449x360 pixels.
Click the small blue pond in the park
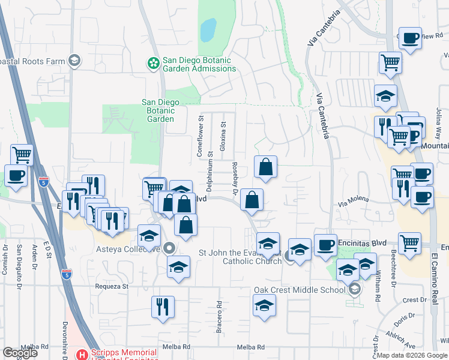tap(208, 29)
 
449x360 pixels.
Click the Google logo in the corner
tap(20, 353)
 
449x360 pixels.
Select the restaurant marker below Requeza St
tap(163, 306)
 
